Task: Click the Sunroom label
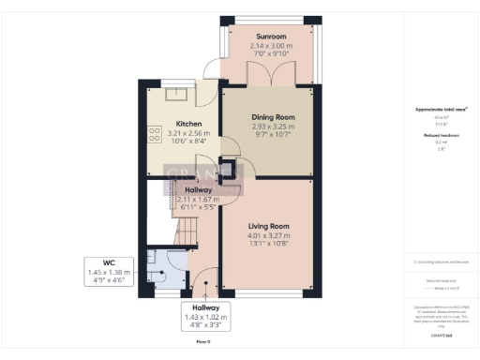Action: click(258, 37)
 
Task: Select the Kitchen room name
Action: click(188, 124)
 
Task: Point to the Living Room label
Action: click(267, 226)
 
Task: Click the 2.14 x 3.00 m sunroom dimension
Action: click(258, 47)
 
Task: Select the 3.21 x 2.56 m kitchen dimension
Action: click(188, 134)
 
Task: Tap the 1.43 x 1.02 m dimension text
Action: click(205, 318)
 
